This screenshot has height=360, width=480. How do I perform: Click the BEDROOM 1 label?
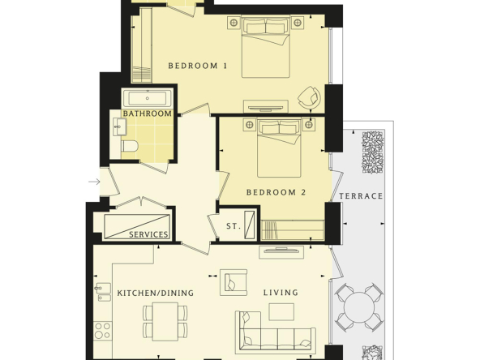pyautogui.click(x=198, y=66)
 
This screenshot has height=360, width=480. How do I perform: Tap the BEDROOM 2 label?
pyautogui.click(x=276, y=192)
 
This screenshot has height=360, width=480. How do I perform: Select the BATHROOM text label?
pyautogui.click(x=148, y=114)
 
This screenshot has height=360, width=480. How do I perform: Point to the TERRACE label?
pyautogui.click(x=361, y=196)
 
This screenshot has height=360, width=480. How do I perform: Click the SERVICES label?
pyautogui.click(x=148, y=234)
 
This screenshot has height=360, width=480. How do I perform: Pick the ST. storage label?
pyautogui.click(x=234, y=226)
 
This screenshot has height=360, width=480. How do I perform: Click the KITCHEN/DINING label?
pyautogui.click(x=156, y=293)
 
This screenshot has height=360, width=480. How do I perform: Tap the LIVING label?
pyautogui.click(x=281, y=293)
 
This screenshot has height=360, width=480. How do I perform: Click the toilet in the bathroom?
pyautogui.click(x=130, y=146)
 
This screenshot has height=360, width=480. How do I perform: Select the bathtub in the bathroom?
pyautogui.click(x=148, y=98)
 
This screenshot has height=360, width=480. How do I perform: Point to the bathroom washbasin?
pyautogui.click(x=120, y=126)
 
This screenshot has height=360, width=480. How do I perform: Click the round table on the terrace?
pyautogui.click(x=359, y=307)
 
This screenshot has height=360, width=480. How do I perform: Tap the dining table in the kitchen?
pyautogui.click(x=165, y=321)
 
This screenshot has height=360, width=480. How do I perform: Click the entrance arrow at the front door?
pyautogui.click(x=94, y=182)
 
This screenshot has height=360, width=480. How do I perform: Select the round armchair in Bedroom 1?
pyautogui.click(x=309, y=97)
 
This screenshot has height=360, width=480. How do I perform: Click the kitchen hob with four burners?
pyautogui.click(x=103, y=331)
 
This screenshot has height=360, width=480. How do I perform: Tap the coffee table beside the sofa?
pyautogui.click(x=281, y=312)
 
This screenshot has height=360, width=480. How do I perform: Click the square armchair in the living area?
pyautogui.click(x=234, y=282)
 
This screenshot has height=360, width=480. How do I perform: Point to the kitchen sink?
pyautogui.click(x=103, y=292)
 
